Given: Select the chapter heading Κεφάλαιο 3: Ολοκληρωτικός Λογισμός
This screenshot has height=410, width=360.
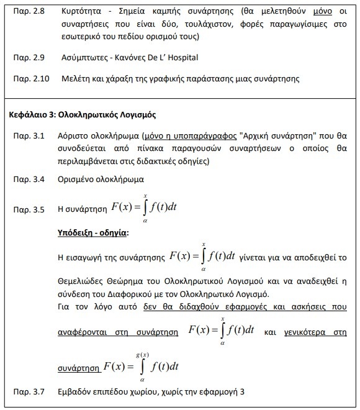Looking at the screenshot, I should (x=92, y=115).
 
